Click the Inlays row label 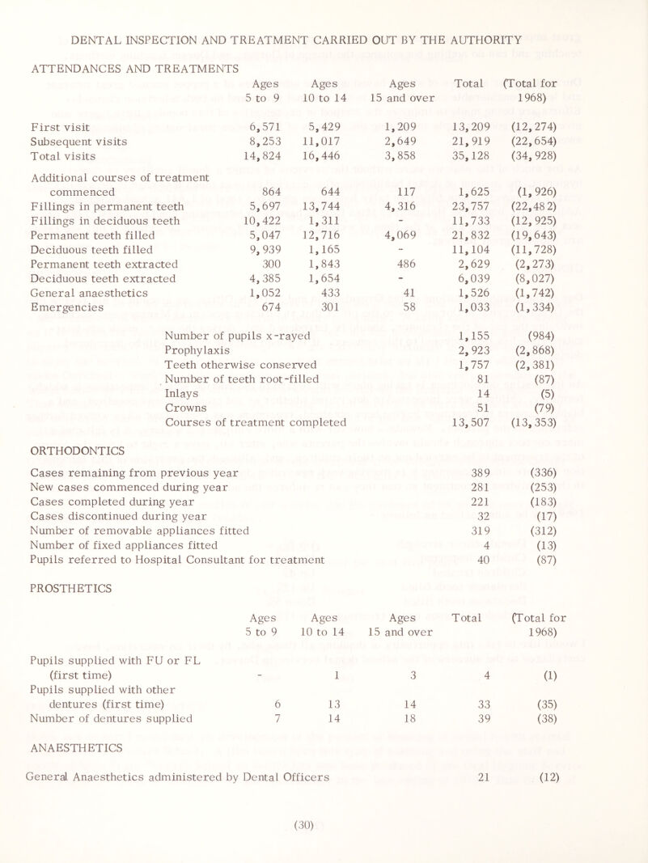tap(181, 389)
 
